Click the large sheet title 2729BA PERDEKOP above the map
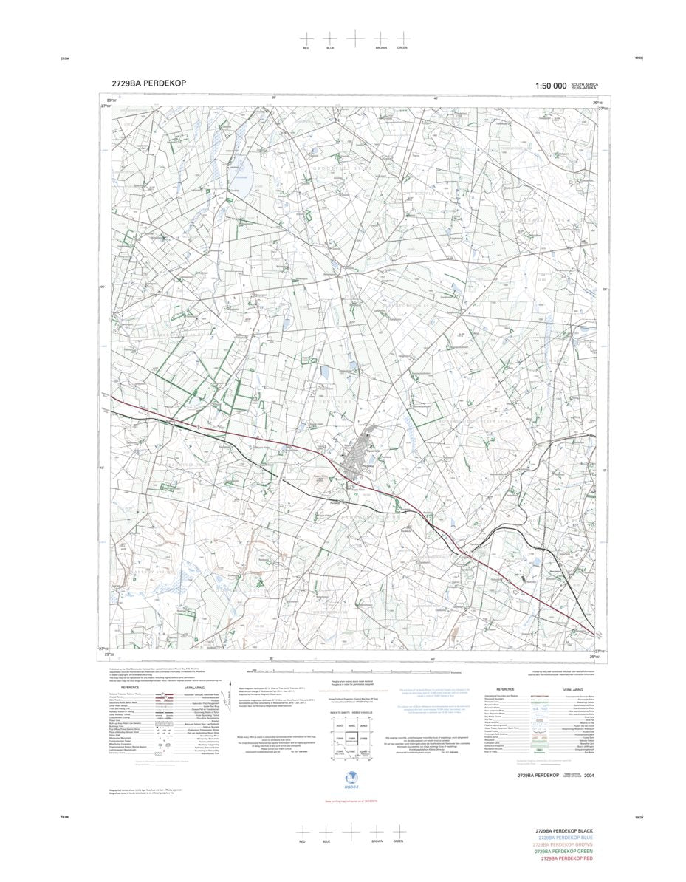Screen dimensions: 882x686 (144, 83)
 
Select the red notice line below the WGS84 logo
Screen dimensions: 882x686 (352, 801)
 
